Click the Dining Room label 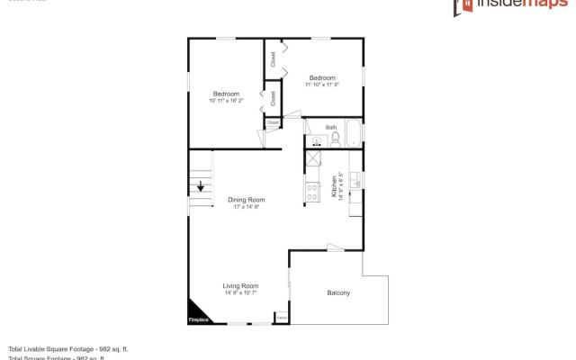(x=246, y=199)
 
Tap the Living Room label (x=240, y=285)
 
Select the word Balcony (x=338, y=292)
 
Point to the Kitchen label (x=334, y=185)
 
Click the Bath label (x=330, y=128)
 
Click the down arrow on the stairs (x=200, y=186)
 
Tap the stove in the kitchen (x=313, y=191)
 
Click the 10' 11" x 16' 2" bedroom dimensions (x=226, y=101)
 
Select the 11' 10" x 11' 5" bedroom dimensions (x=321, y=85)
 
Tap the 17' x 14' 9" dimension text (x=246, y=207)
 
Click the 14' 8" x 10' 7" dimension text (x=240, y=292)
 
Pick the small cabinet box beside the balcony (x=282, y=317)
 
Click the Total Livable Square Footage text (x=68, y=348)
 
